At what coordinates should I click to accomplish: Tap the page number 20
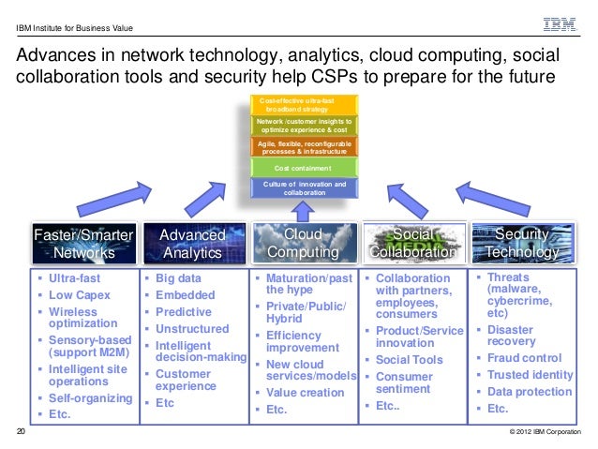[22, 433]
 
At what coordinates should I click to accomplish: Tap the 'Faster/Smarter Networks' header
[83, 243]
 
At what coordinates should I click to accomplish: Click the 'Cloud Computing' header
[304, 243]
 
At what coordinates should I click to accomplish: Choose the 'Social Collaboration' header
[414, 243]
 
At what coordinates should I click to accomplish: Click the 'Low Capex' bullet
[80, 295]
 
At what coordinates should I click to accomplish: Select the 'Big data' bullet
[179, 278]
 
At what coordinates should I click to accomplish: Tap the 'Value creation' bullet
[305, 393]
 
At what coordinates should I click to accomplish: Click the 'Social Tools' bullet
[409, 360]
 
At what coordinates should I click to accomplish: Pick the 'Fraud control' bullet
[525, 358]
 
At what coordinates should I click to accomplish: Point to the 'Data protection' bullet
[531, 392]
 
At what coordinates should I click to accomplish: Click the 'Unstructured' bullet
[192, 329]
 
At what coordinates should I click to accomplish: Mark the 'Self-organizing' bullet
[90, 398]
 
